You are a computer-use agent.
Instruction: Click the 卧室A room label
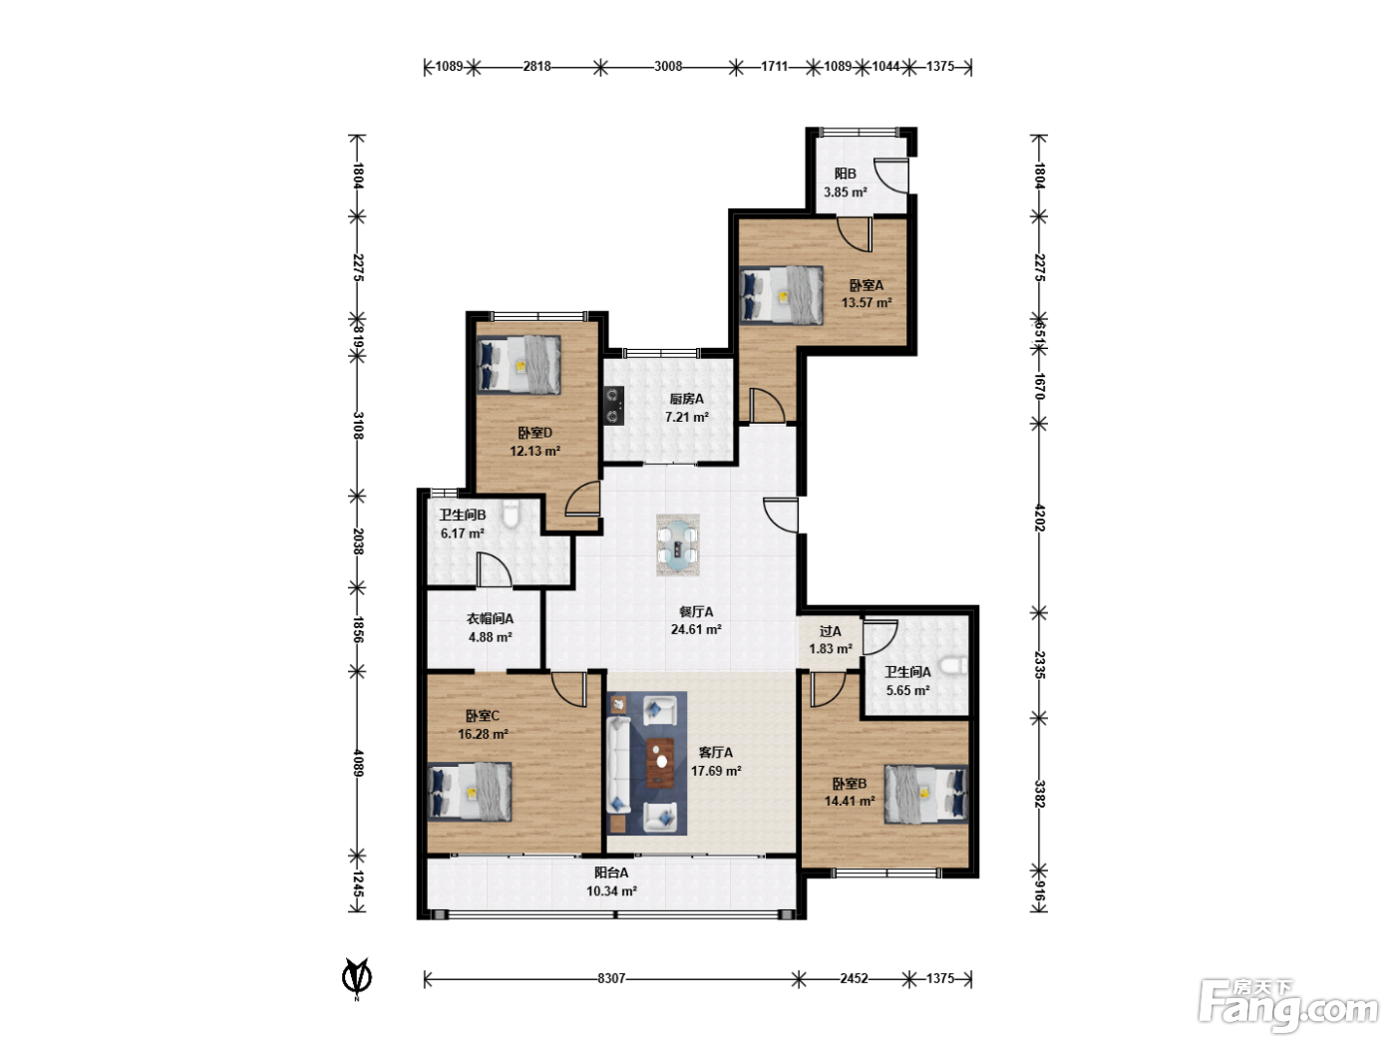pyautogui.click(x=867, y=285)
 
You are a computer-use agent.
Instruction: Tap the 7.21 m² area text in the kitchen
pyautogui.click(x=687, y=417)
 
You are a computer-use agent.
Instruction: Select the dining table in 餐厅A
pyautogui.click(x=678, y=544)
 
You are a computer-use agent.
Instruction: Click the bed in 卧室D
pyautogui.click(x=519, y=365)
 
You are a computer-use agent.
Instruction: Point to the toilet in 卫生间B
pyautogui.click(x=511, y=514)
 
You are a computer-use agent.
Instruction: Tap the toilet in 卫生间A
pyautogui.click(x=954, y=665)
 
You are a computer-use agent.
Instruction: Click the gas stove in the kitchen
pyautogui.click(x=613, y=406)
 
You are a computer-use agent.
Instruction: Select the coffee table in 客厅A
pyautogui.click(x=660, y=763)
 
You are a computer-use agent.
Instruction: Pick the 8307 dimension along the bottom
pyautogui.click(x=611, y=978)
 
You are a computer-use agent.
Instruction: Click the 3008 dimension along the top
pyautogui.click(x=668, y=66)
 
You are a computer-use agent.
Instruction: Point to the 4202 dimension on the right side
pyautogui.click(x=1039, y=518)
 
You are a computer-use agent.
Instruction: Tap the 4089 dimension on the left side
pyautogui.click(x=358, y=763)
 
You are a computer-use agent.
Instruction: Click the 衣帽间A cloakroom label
pyautogui.click(x=490, y=618)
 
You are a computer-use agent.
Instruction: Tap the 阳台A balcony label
pyautogui.click(x=611, y=872)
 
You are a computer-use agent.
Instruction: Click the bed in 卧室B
pyautogui.click(x=926, y=795)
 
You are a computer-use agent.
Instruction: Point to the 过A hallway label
pyautogui.click(x=830, y=631)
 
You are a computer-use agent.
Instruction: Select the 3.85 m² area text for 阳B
pyautogui.click(x=846, y=192)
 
